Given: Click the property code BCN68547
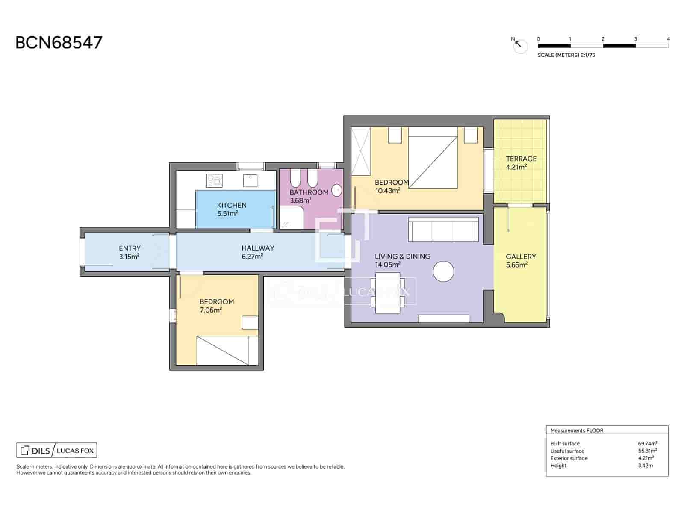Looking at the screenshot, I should click(x=59, y=43).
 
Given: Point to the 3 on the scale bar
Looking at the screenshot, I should click(x=635, y=39).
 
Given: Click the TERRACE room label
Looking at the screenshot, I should click(x=521, y=159).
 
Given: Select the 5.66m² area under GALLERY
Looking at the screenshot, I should click(x=516, y=265).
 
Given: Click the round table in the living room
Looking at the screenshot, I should click(x=443, y=271).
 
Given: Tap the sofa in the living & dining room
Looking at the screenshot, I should click(x=443, y=230).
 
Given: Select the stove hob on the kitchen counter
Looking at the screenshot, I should click(x=214, y=180).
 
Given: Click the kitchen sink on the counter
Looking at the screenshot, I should click(x=250, y=180).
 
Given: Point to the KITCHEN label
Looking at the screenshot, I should click(x=232, y=205).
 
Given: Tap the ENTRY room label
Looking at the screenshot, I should click(x=130, y=248).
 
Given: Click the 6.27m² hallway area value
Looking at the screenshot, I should click(x=252, y=256).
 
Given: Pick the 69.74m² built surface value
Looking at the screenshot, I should click(x=648, y=443).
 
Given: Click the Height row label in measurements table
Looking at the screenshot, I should click(x=558, y=466).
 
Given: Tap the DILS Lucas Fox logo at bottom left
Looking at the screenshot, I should click(x=57, y=450).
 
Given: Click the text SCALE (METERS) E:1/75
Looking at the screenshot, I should click(x=566, y=55).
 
